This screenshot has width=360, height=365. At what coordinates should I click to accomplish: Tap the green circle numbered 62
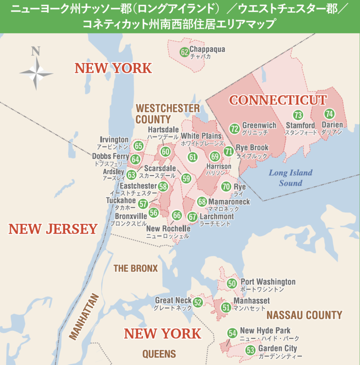pos(184,52)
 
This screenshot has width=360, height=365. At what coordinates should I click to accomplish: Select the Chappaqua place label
pos(207,49)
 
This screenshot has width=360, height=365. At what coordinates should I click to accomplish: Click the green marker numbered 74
pos(329,114)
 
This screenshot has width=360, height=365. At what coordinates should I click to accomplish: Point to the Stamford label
pos(300,126)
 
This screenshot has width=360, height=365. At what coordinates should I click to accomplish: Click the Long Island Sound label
pos(291,178)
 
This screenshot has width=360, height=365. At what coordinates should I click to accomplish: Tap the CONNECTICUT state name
pos(277,100)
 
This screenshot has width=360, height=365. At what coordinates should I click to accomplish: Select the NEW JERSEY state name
pos(53,229)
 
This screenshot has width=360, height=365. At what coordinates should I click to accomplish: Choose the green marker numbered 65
pos(138,146)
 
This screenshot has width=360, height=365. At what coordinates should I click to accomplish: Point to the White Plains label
pos(201,136)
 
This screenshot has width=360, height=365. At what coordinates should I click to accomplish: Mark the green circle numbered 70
pos(226,187)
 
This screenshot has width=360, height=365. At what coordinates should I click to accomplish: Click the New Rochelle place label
pos(168,228)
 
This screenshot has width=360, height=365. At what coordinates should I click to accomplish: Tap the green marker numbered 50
pos(232,283)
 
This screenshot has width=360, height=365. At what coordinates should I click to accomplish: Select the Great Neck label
pos(173,301)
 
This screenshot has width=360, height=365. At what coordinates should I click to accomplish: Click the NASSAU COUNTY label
pos(304,315)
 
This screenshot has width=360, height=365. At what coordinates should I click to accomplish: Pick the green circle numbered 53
pos(250,350)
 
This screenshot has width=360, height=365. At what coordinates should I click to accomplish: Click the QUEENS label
pos(159,354)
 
